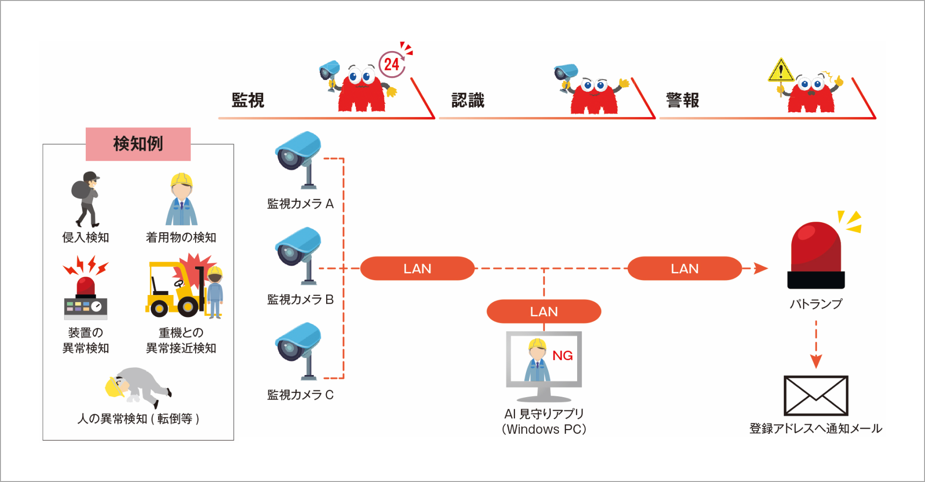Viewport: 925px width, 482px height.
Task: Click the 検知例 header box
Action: [138, 144]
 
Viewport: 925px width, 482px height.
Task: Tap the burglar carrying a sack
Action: [86, 199]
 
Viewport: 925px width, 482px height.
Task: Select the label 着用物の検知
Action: [181, 237]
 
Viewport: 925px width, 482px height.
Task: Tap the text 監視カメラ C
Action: [300, 395]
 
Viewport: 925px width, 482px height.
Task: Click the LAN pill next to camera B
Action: [417, 268]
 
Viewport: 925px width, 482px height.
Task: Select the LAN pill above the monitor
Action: [544, 311]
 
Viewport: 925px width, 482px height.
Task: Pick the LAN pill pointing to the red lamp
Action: [685, 268]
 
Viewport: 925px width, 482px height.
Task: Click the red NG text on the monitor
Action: [562, 356]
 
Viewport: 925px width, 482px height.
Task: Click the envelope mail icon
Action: [816, 396]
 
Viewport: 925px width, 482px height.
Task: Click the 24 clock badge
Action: [392, 64]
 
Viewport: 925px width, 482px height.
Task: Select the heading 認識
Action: [468, 100]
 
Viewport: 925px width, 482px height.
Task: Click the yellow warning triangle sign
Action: [780, 71]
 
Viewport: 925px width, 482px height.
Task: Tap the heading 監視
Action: [248, 100]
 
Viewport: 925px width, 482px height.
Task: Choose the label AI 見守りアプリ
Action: [544, 414]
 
